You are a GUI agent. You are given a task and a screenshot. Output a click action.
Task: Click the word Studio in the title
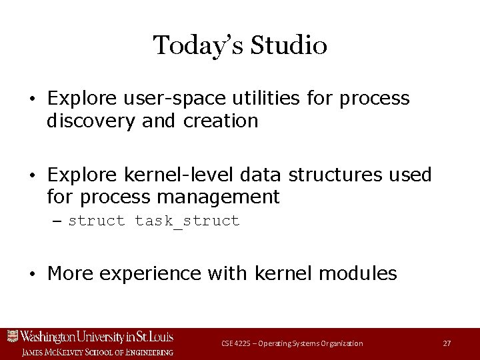pos(290,45)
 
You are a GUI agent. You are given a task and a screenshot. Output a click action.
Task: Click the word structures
pos(338,175)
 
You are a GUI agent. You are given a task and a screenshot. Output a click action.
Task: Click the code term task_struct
pos(187,221)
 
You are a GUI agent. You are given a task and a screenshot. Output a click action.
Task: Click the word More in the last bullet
pos(70,273)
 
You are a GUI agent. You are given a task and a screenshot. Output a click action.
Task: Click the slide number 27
pos(447,343)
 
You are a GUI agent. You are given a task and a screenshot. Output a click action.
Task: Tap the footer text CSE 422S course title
pos(292,343)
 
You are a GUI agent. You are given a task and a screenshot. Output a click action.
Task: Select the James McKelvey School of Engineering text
pos(97,352)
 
